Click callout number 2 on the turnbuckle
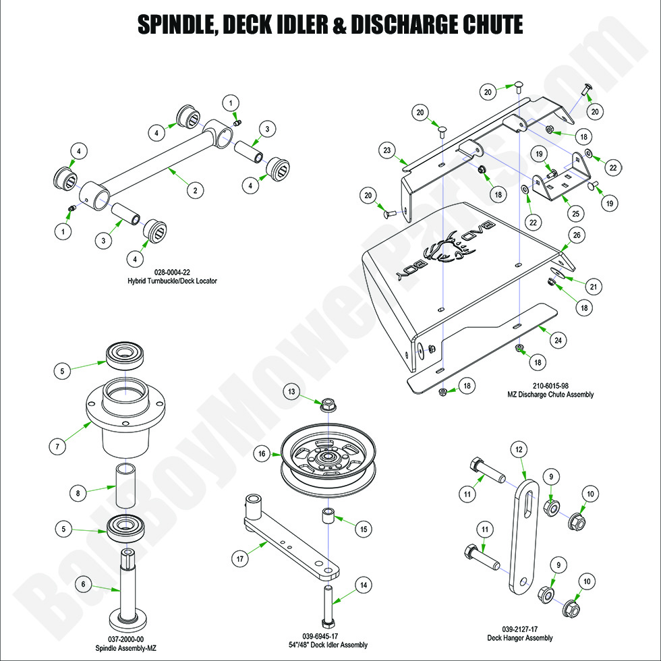195,190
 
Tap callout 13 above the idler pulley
291,391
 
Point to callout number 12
519,449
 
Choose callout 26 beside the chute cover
575,235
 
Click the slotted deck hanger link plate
527,533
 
